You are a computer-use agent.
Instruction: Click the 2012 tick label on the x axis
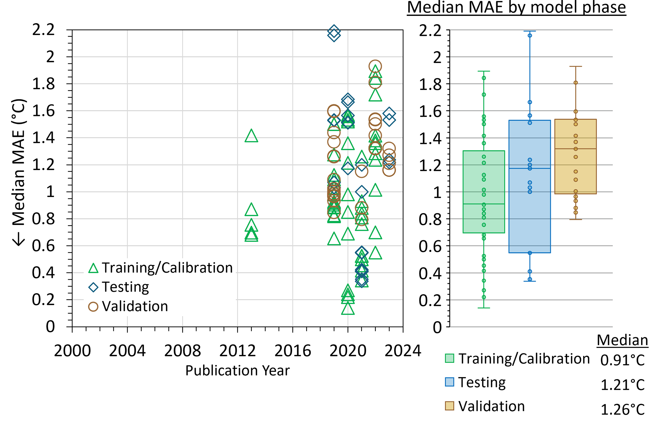point(237,351)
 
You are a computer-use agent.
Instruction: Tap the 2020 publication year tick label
point(348,351)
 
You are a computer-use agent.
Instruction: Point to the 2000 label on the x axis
point(72,351)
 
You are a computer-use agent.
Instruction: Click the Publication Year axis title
point(237,370)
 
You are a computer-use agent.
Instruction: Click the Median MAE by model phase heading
point(517,8)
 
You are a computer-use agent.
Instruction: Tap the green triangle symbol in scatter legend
point(93,268)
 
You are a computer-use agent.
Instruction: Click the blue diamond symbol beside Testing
point(93,287)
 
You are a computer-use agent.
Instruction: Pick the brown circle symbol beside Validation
point(93,307)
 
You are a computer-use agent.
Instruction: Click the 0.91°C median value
point(622,360)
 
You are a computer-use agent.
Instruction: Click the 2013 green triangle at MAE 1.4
point(251,136)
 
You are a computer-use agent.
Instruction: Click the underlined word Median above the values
point(622,340)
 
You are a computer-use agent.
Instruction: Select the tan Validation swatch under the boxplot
point(449,406)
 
